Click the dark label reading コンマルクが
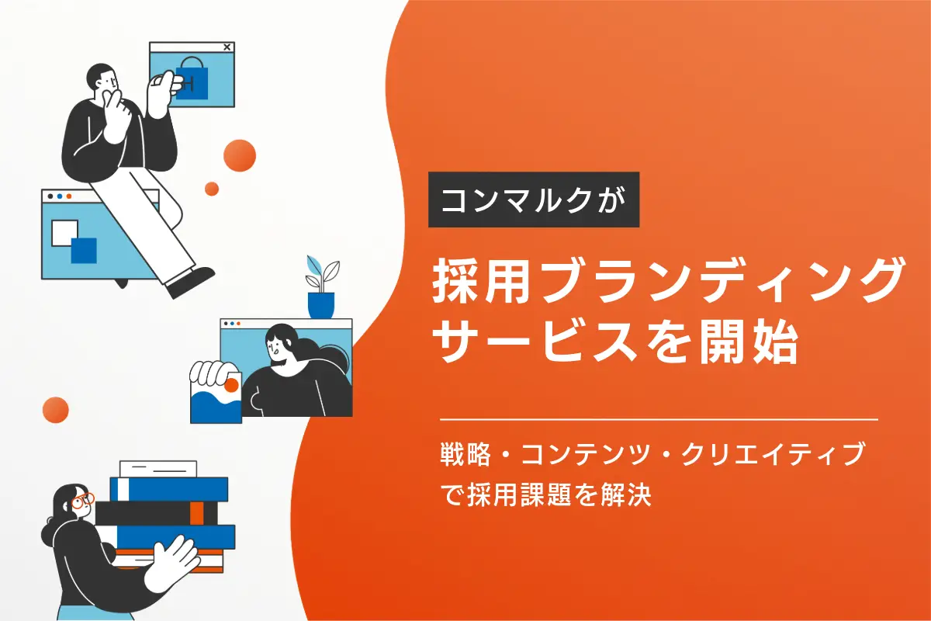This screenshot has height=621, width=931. click(x=534, y=199)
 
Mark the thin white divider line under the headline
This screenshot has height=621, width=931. click(x=658, y=419)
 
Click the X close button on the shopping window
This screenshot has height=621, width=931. click(x=227, y=47)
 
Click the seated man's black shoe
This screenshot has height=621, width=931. click(x=191, y=280)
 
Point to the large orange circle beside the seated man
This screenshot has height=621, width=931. click(x=239, y=155)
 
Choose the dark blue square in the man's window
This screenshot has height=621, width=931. click(x=83, y=250)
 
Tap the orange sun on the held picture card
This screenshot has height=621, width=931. click(x=230, y=384)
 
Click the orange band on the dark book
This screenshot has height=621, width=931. click(x=196, y=512)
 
